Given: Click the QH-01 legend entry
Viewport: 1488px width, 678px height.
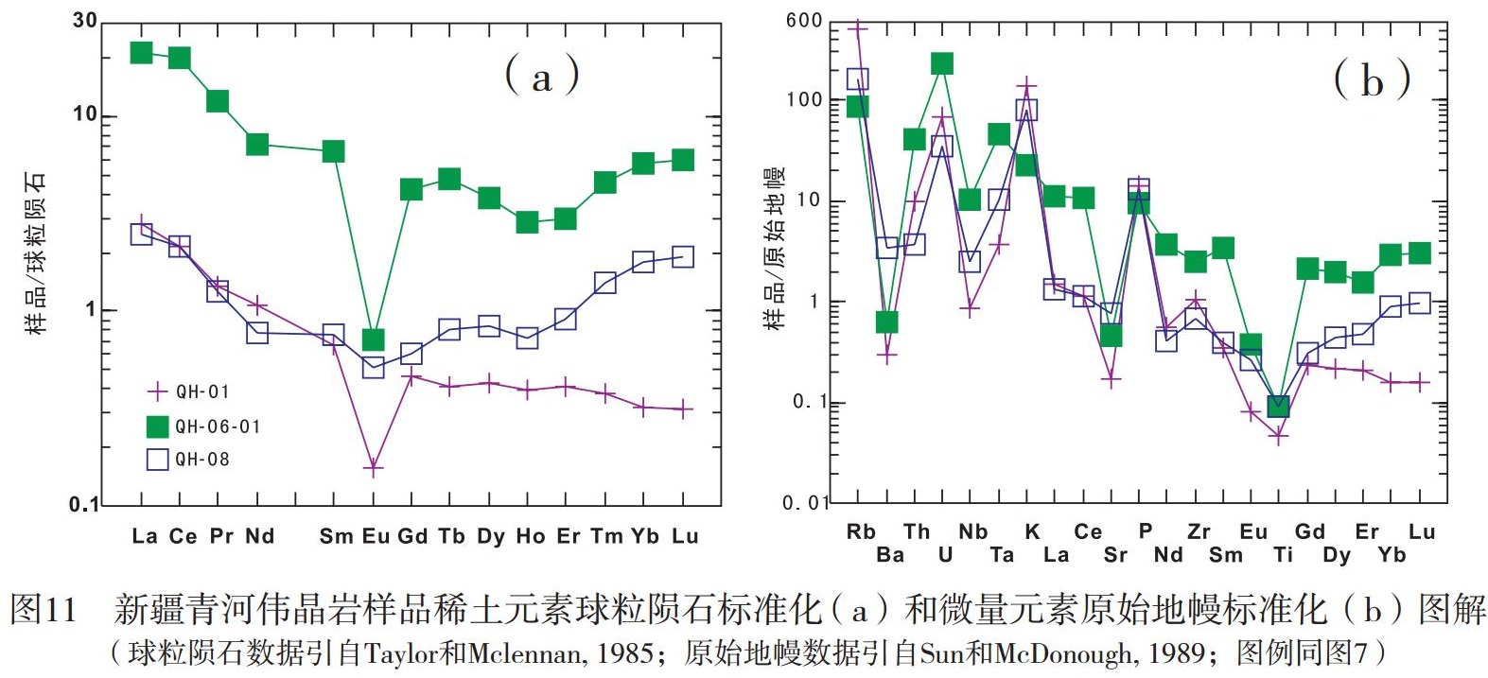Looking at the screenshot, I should (189, 391).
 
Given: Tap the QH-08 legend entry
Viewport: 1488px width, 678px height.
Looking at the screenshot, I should (189, 460).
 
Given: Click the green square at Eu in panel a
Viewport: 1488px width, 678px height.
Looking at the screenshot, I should (373, 339).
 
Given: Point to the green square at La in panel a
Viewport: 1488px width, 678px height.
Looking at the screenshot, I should (142, 52).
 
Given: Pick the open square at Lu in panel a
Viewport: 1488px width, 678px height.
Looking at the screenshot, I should (683, 257).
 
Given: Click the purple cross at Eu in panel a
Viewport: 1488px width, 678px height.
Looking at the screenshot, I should (373, 467).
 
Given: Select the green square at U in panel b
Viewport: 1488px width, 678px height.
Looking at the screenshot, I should (942, 63).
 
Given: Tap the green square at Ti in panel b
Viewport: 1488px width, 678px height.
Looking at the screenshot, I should (1278, 407).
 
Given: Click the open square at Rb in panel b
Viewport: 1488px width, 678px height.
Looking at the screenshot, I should (858, 79).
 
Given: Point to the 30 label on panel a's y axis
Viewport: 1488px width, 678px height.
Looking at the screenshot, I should (85, 20).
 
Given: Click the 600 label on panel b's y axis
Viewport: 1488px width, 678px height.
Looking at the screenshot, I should (804, 21).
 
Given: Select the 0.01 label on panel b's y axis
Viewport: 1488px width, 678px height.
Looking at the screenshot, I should (805, 503).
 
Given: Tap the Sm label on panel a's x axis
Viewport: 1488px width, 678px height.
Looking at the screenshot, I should (336, 536).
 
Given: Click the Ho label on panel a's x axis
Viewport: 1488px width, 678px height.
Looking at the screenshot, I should (530, 536).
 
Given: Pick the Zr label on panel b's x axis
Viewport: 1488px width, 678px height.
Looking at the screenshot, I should (1199, 531).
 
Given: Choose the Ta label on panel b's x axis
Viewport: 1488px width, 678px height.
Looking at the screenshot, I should (1001, 555).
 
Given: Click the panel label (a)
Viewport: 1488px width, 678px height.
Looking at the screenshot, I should (541, 76).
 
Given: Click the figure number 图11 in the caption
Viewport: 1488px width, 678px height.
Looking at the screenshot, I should (44, 610).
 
